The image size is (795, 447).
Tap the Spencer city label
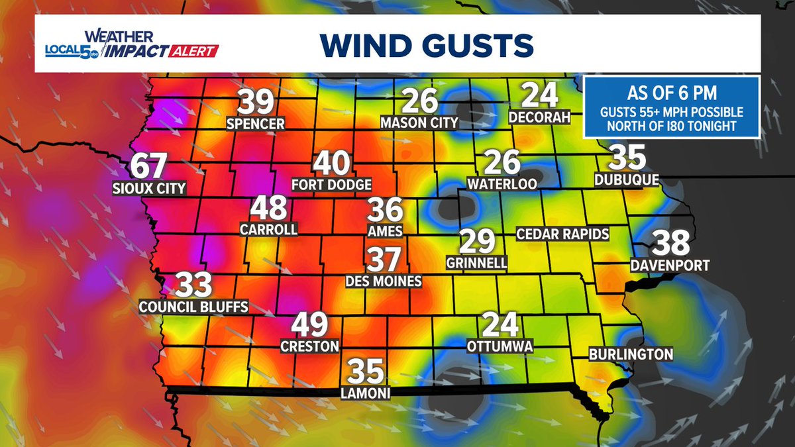(x=256, y=123)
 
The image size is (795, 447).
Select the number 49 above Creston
(x=310, y=325)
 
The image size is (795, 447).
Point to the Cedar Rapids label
(x=563, y=234)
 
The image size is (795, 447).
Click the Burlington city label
(x=631, y=354)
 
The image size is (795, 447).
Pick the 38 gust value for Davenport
(x=671, y=244)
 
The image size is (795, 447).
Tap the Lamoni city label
(x=365, y=393)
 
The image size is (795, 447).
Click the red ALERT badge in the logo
(x=197, y=51)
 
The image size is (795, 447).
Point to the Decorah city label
(x=539, y=117)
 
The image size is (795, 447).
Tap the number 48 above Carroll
(x=269, y=209)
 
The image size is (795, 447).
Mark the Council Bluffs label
(x=193, y=307)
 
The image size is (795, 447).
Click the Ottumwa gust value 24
(x=500, y=324)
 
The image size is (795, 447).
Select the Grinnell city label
(x=477, y=263)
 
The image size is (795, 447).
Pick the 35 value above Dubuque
(x=627, y=158)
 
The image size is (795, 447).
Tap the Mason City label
(x=419, y=123)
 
